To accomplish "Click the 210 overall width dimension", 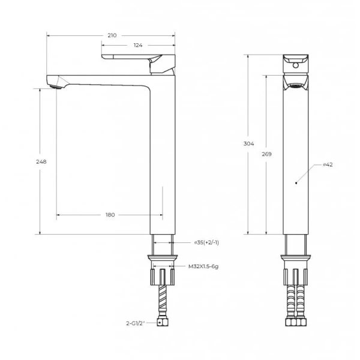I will [112, 36].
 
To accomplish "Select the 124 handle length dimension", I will [138, 46].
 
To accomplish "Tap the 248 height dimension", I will [41, 161].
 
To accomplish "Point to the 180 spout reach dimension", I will [110, 214].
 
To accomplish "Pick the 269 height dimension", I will [267, 154].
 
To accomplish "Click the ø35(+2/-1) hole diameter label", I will [206, 243].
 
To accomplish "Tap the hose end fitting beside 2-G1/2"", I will [161, 323].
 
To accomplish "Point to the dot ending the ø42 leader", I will [295, 180].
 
